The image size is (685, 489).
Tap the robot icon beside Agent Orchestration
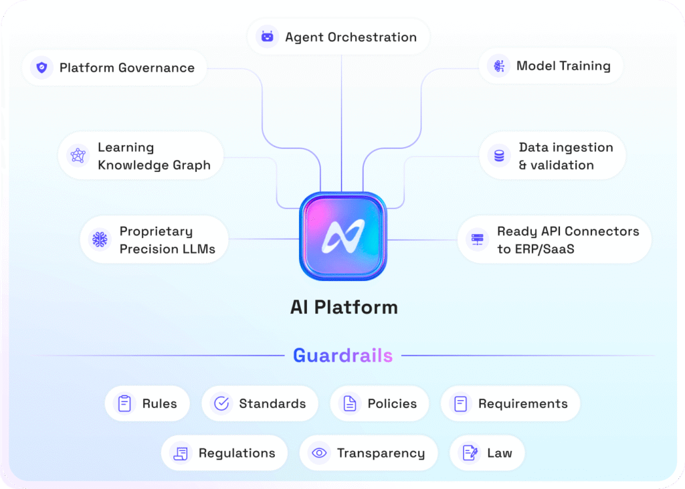coord(268,37)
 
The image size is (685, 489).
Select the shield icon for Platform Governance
coord(42,68)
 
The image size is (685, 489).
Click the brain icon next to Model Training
coord(498,66)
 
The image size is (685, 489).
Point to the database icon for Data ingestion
coord(498,156)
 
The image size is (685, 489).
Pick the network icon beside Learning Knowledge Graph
coord(79,156)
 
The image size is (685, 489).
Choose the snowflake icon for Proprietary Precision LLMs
coord(100,239)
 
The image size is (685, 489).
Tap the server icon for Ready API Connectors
coord(477,239)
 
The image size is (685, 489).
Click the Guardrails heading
coord(342,355)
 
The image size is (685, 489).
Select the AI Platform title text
coord(344,307)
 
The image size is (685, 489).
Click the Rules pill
coord(147,403)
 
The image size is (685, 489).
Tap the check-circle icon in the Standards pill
coord(221,403)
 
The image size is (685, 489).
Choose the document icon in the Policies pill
coord(349,403)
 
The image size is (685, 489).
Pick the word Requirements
coord(522,403)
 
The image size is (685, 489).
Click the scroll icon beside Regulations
coord(180,453)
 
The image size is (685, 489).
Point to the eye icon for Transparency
coord(319,453)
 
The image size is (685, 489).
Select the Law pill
coord(486,453)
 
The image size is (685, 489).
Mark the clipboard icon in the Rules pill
coord(124,403)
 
